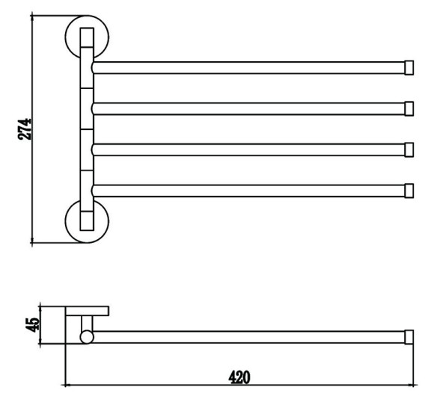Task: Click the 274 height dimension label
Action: click(x=25, y=129)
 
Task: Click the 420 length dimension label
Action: click(x=239, y=377)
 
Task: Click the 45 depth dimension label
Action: click(x=32, y=325)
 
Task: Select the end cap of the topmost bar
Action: click(x=409, y=68)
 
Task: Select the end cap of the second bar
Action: click(x=409, y=108)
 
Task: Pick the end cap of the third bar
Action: click(x=409, y=150)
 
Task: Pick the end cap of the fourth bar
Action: click(x=409, y=191)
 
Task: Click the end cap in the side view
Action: click(x=409, y=337)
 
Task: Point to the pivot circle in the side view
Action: click(x=87, y=337)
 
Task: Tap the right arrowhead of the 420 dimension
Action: click(x=415, y=385)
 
